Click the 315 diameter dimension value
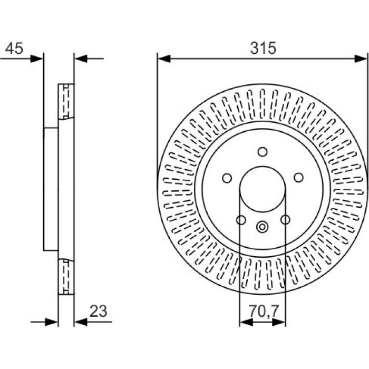coord(263,48)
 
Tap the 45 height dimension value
coord(14,48)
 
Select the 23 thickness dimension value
coord(99,311)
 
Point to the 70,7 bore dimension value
coord(264,311)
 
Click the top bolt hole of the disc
coord(263,152)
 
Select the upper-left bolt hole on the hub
coord(227,178)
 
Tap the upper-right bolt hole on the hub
coord(299,178)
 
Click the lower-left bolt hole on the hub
coord(241,220)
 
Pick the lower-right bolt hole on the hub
coord(285,220)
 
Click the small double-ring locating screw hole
coord(263,227)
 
